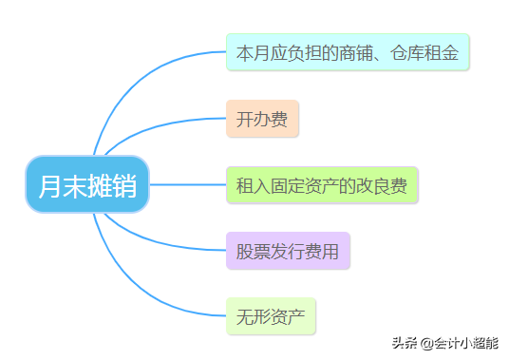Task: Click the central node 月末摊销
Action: [x=87, y=184]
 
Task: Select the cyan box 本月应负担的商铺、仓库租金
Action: [x=347, y=52]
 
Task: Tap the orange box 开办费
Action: [x=262, y=119]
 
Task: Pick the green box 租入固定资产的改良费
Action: [x=322, y=184]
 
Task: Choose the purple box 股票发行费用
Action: [x=288, y=251]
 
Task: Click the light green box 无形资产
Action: [x=271, y=315]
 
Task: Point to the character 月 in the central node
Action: [x=49, y=184]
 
